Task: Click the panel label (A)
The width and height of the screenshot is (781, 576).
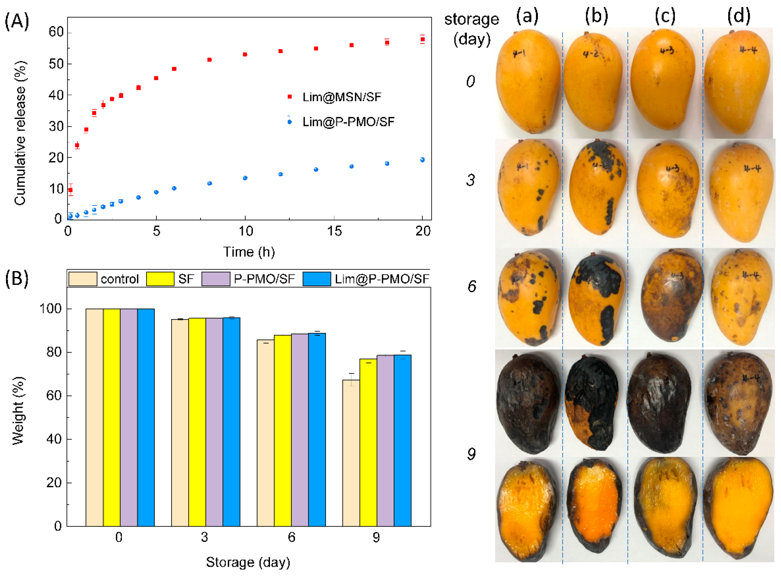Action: coord(16,22)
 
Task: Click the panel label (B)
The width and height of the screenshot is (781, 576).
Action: coord(16,279)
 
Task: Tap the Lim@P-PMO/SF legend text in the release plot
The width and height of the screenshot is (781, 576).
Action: coord(348,122)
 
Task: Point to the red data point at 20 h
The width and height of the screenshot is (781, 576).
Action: coord(423,39)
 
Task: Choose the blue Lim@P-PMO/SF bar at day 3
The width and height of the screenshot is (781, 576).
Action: coord(231,422)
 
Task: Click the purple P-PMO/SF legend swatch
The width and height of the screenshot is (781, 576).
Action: coord(215,279)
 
